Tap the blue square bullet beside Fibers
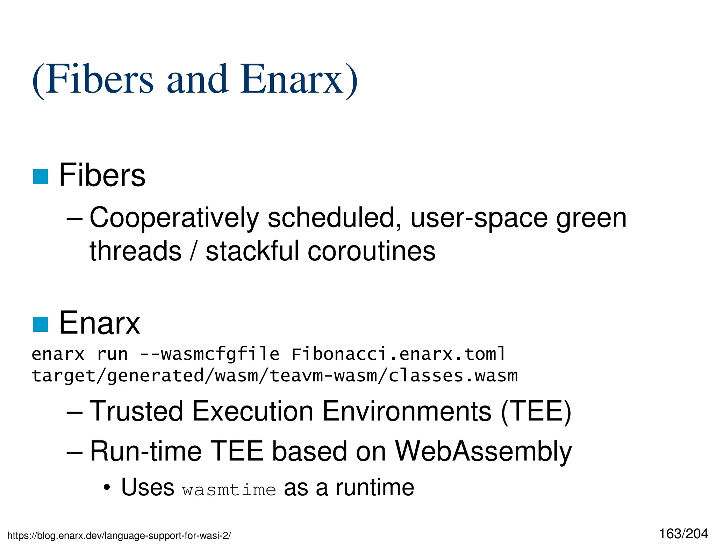coord(40,176)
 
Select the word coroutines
coord(371,251)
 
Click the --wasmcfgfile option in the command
coord(209,354)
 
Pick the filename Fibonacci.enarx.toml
coord(399,354)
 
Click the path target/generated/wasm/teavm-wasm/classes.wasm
coord(274,376)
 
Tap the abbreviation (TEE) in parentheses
coord(536,411)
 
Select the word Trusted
coord(136,411)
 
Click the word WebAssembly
coord(483,452)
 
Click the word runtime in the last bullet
coord(375,488)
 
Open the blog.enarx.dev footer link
coord(119,536)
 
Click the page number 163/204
coord(683,534)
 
